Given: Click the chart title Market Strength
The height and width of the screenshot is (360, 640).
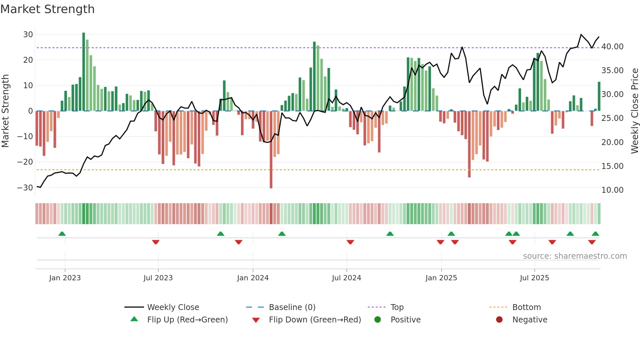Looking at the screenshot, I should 47,9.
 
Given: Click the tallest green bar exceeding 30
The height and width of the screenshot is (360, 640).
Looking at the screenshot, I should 84,72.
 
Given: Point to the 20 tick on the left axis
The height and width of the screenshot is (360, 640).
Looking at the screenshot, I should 28,60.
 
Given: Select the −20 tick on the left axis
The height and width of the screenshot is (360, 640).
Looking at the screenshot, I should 25,162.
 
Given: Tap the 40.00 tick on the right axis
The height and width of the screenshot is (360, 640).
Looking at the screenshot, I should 612,47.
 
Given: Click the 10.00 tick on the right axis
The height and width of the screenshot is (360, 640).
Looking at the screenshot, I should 612,190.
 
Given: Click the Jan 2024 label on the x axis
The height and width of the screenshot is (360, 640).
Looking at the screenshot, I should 253,278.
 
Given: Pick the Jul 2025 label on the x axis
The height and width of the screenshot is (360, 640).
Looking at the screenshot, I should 535,278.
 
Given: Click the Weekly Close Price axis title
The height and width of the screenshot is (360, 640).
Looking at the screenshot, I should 634,111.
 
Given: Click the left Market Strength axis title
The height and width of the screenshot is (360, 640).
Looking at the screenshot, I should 6,111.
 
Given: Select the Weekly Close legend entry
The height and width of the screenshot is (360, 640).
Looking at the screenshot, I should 173,307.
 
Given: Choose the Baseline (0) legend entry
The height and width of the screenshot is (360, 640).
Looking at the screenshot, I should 292,307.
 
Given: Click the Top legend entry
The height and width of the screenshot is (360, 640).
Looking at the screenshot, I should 397,307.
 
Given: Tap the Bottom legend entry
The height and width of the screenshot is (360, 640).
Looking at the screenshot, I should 526,307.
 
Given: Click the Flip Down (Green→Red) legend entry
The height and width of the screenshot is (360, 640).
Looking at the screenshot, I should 314,320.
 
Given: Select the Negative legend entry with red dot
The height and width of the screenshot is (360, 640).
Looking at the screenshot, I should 530,320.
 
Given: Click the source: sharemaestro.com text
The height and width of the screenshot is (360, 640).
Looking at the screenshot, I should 575,256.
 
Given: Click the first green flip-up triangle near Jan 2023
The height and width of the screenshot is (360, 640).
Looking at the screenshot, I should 62,234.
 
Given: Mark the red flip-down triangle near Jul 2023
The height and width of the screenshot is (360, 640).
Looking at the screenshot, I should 156,242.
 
